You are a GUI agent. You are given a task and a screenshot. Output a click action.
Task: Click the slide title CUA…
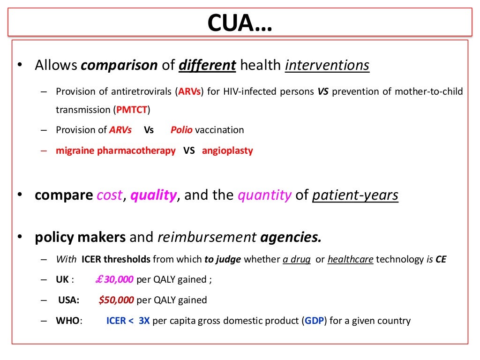coord(240,22)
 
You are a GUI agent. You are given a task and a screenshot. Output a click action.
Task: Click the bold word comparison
coord(119,65)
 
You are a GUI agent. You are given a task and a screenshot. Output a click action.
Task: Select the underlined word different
coord(207,65)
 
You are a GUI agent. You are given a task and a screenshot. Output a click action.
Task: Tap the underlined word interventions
coord(327,65)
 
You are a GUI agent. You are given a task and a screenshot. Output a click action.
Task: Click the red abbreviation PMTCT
coord(132,110)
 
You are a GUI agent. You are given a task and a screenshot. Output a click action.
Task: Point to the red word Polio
coord(181,130)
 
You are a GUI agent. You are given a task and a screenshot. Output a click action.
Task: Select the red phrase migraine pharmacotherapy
coord(116,151)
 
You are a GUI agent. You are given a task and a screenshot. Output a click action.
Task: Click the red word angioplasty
coord(227,151)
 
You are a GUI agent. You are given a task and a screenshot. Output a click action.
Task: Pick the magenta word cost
coord(109,195)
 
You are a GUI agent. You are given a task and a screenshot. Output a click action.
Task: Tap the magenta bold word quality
coord(153,195)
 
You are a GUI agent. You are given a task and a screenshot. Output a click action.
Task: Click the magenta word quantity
coord(264,195)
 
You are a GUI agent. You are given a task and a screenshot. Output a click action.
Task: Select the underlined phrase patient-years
coord(355,195)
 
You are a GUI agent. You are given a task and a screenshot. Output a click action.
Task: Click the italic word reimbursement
coord(206,238)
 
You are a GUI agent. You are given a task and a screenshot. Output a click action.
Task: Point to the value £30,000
coord(114,280)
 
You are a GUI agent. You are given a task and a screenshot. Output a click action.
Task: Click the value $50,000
coord(116,300)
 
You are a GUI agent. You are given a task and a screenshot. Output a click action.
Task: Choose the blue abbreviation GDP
coord(313,321)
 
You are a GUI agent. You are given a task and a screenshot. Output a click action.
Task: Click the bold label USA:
coord(69,300)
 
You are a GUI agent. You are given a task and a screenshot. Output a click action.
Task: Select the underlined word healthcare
coord(351,259)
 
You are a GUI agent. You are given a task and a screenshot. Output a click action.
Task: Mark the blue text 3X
coord(144,321)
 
